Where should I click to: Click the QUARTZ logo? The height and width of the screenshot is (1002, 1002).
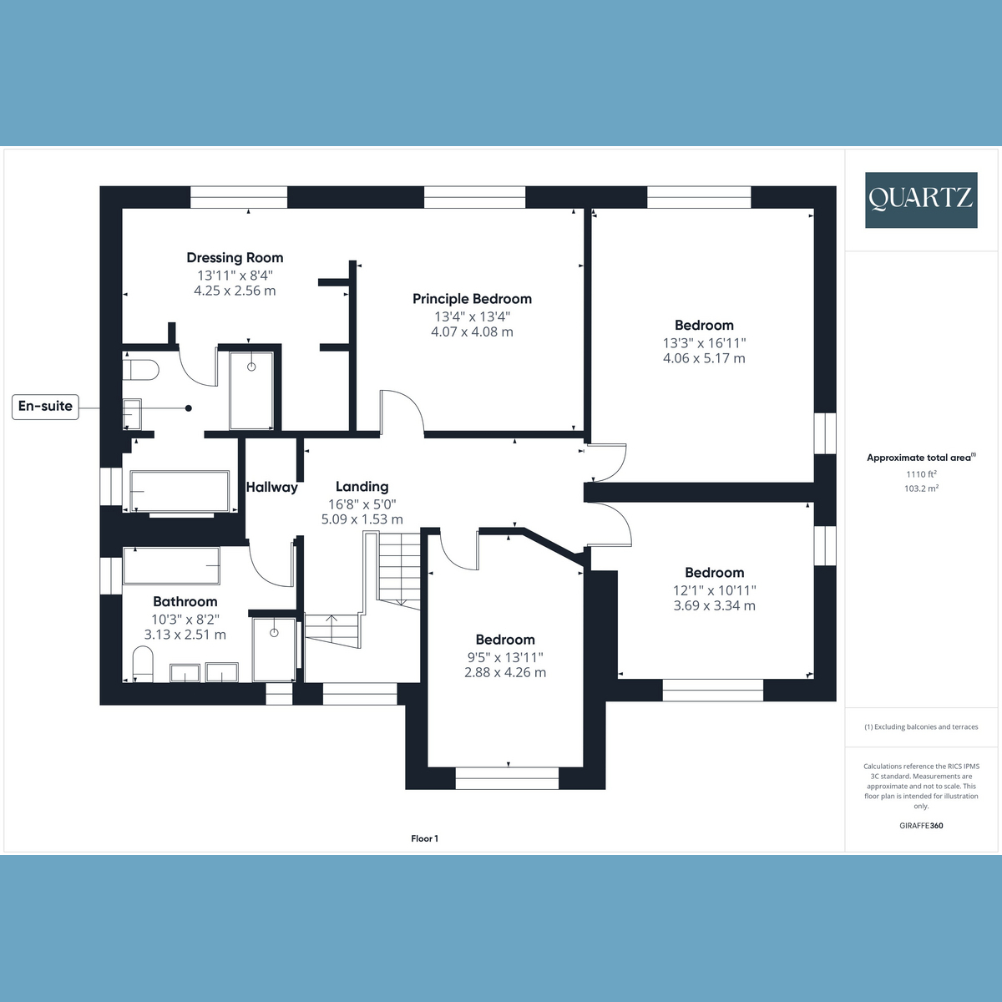pos(920,200)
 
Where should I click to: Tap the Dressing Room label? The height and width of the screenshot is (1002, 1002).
pos(235,258)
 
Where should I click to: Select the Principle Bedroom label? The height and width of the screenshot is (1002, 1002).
pos(472,299)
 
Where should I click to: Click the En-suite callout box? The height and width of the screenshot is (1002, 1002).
pos(46,407)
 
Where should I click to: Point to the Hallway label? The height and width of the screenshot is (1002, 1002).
pos(271,487)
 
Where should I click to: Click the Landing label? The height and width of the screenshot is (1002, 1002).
pos(362,486)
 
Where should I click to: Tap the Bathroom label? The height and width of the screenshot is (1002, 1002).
pos(185,601)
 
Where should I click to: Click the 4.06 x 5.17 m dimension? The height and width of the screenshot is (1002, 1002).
pos(704,358)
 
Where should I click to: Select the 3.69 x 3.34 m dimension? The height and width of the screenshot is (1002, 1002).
pos(714,605)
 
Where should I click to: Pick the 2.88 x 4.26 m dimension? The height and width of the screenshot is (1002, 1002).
pos(505,672)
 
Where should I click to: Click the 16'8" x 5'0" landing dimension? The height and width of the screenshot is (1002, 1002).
pos(362,504)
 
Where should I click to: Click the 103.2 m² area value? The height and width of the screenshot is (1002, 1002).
pos(921,488)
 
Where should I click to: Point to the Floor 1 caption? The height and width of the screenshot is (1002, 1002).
pos(424,838)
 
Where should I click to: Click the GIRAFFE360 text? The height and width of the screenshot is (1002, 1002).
pos(921,826)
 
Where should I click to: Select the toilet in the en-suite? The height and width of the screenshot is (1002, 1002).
pos(141,369)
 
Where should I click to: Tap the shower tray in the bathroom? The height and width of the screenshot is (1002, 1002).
pos(273,649)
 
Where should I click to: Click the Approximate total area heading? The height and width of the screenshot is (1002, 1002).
pos(920,458)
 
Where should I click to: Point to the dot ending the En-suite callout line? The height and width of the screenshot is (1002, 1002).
pos(189,408)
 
